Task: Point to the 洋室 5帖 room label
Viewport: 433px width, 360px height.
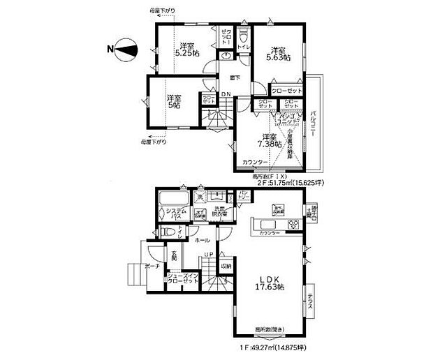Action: [173, 102]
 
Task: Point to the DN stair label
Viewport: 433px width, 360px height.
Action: [226, 95]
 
